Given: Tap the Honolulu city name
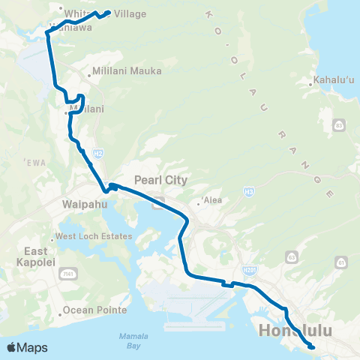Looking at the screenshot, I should tap(293, 330).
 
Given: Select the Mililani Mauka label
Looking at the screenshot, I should tap(122, 71).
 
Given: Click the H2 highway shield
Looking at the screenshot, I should tap(98, 154).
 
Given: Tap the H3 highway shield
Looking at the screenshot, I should tap(247, 193).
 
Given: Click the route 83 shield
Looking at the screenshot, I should tap(340, 124).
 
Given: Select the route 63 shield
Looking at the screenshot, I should tap(290, 257).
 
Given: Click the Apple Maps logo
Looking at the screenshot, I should tap(27, 347).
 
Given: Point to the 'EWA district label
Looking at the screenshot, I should tap(34, 162).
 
